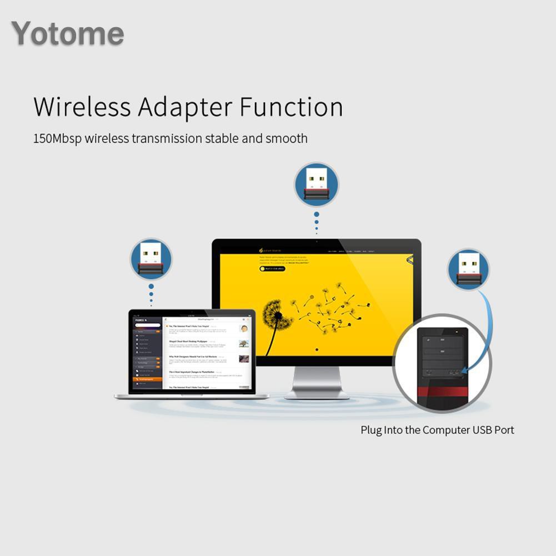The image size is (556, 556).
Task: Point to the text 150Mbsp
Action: click(57, 138)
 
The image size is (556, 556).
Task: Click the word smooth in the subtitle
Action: click(286, 138)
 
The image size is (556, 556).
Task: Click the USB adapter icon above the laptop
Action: click(151, 259)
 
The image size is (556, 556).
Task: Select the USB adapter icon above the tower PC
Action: click(468, 269)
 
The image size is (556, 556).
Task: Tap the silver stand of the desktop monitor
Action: click(317, 383)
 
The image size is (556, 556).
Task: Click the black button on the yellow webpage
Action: click(272, 269)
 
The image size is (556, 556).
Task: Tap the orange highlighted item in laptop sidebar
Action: click(147, 379)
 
